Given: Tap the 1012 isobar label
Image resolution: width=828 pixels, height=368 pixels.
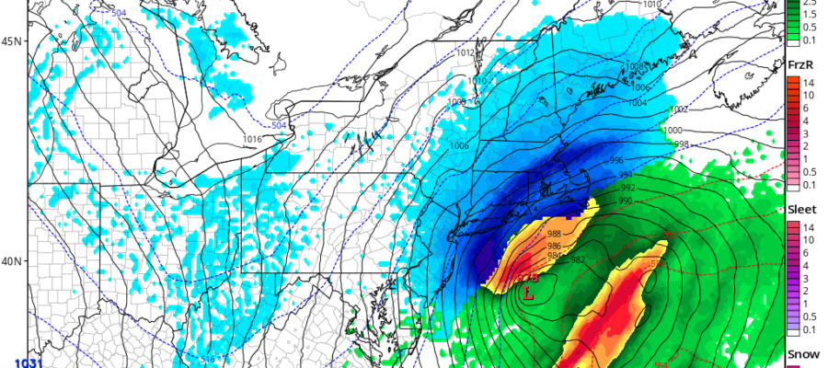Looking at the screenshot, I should (466, 53).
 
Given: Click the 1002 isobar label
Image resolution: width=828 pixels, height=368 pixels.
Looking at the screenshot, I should (678, 109).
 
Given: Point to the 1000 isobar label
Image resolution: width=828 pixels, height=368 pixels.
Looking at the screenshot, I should (673, 132).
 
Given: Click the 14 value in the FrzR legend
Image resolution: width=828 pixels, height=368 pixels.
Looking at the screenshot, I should (809, 83).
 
